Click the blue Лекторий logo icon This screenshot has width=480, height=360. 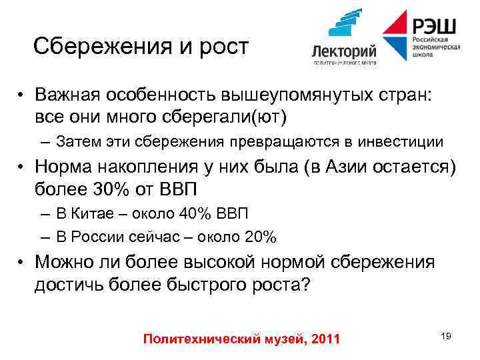[345, 25]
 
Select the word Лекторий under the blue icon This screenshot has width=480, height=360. [344, 52]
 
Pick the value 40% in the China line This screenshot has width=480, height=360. [193, 214]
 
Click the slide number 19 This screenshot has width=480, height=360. [445, 336]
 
